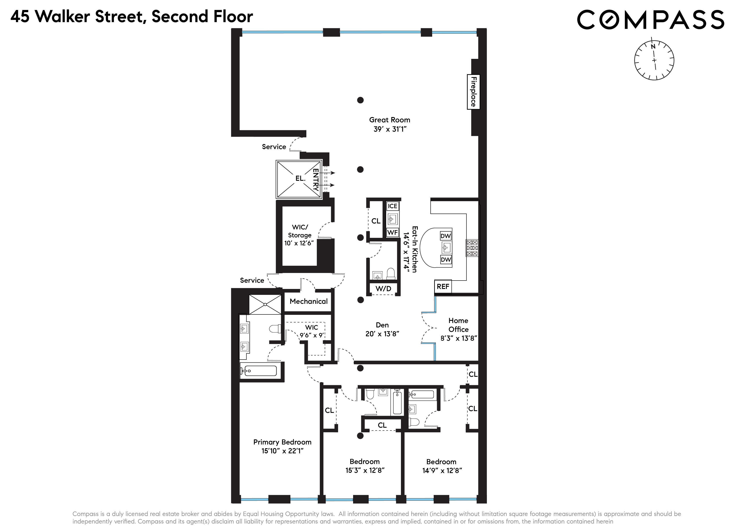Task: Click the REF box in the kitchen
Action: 443,286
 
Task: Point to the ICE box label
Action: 392,206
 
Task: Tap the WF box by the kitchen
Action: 392,232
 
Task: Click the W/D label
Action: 383,289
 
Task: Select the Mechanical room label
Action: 308,301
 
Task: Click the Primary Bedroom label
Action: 282,442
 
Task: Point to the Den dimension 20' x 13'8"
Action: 382,334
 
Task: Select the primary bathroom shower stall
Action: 265,304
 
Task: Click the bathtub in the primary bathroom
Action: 259,371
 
